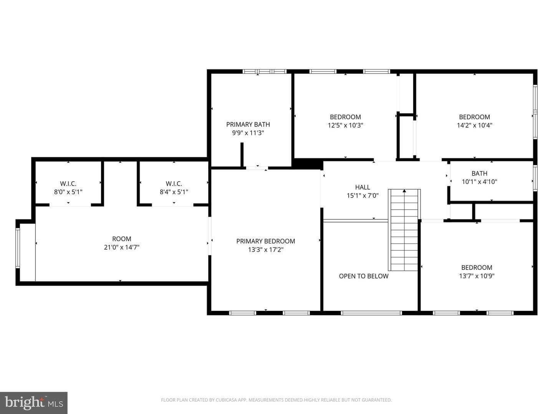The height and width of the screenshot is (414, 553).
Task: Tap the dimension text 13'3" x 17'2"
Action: click(x=265, y=250)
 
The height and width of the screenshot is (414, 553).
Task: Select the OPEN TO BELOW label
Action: click(x=364, y=276)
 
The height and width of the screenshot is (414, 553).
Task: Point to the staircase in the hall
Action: click(x=404, y=230)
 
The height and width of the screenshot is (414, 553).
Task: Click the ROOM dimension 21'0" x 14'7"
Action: click(x=122, y=247)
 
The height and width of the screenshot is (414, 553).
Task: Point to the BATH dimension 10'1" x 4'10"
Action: click(x=479, y=181)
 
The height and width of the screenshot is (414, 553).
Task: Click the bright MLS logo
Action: click(x=34, y=402)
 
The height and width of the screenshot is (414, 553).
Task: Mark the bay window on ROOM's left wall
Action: click(x=18, y=248)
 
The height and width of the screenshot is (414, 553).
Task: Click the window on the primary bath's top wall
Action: click(x=265, y=71)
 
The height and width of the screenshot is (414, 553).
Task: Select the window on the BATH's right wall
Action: click(x=535, y=178)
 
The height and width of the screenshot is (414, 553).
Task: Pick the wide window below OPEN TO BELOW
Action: click(x=371, y=313)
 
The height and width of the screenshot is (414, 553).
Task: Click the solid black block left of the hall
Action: click(x=307, y=164)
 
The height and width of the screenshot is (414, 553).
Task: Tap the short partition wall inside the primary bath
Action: click(x=242, y=155)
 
